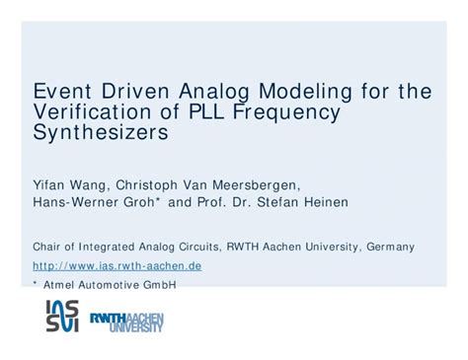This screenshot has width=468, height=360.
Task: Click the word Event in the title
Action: click(x=62, y=92)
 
